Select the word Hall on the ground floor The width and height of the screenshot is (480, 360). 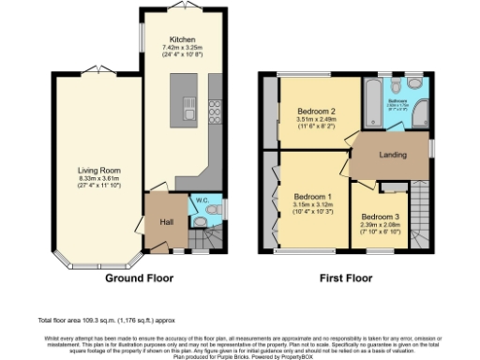165,221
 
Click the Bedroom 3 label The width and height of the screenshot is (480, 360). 380,217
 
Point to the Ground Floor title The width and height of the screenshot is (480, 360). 136,277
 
